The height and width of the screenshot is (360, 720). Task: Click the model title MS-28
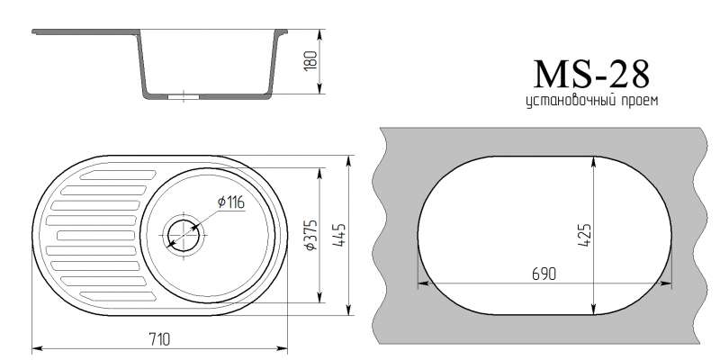pos(591,74)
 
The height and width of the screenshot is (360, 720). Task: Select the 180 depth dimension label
pos(310,60)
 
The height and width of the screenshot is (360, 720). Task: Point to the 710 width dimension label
pos(159,340)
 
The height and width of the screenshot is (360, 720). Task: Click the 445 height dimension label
pos(339,235)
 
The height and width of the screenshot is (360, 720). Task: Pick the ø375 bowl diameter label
pos(310,235)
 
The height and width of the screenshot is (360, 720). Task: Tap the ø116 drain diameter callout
pos(231,202)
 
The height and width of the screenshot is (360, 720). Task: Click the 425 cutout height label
pos(584,235)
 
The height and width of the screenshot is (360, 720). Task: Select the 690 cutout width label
pos(544,274)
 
